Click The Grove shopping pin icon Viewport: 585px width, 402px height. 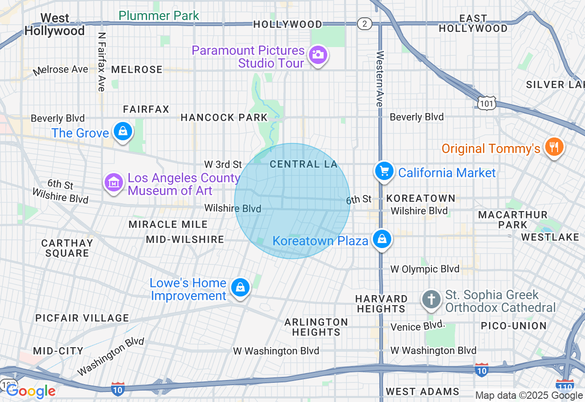point(123,132)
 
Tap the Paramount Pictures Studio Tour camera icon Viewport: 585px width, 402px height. point(317,55)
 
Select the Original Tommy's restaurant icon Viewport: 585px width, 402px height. point(554,147)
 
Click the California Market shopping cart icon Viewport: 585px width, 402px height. point(384,171)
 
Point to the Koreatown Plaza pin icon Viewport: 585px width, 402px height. point(381,239)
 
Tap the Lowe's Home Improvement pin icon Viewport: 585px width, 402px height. point(240,287)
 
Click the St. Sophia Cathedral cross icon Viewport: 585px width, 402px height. point(431,300)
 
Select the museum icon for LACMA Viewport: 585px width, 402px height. point(114,183)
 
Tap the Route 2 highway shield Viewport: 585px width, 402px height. point(364,24)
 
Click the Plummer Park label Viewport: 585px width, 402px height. point(159,16)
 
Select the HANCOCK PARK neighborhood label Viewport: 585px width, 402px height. point(224,118)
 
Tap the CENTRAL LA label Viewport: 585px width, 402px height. point(303,164)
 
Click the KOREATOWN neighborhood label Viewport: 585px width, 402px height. point(421,198)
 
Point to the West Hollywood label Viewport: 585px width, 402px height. point(54,25)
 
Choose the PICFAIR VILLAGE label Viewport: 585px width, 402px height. point(82,318)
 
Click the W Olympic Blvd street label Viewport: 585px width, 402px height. point(425,269)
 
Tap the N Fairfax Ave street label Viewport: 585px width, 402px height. point(101,62)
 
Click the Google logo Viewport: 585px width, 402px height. point(31,391)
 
